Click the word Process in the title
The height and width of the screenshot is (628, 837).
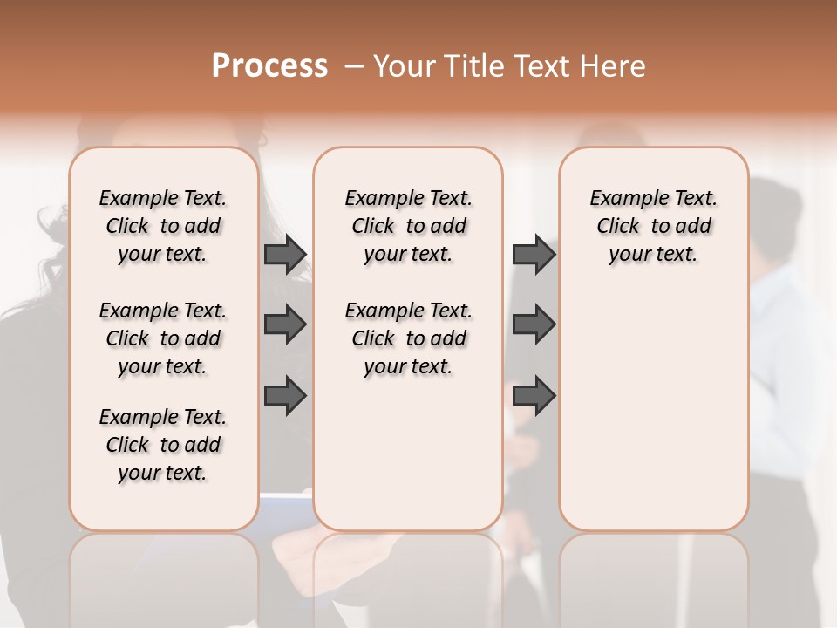pyautogui.click(x=269, y=65)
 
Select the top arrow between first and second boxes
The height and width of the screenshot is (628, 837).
pyautogui.click(x=285, y=254)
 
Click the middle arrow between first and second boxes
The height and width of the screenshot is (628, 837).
pyautogui.click(x=285, y=324)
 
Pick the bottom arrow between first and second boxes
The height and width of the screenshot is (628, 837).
pyautogui.click(x=285, y=395)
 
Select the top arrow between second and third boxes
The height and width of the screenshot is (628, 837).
pyautogui.click(x=534, y=254)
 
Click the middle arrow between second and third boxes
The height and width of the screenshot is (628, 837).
pyautogui.click(x=534, y=324)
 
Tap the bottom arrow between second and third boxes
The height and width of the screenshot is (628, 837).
pyautogui.click(x=534, y=395)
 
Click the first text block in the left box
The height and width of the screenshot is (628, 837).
pyautogui.click(x=163, y=226)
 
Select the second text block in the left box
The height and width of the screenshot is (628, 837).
pyautogui.click(x=163, y=338)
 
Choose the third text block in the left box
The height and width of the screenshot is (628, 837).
pyautogui.click(x=163, y=445)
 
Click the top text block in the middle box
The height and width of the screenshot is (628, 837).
pyautogui.click(x=409, y=226)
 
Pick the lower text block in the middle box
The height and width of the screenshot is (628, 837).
pyautogui.click(x=409, y=338)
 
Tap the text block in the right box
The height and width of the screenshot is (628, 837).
pyautogui.click(x=654, y=226)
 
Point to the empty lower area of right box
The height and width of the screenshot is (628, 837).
pyautogui.click(x=654, y=410)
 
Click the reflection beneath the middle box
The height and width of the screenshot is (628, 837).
pyautogui.click(x=408, y=576)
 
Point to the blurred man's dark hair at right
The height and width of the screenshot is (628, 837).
pyautogui.click(x=776, y=209)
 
